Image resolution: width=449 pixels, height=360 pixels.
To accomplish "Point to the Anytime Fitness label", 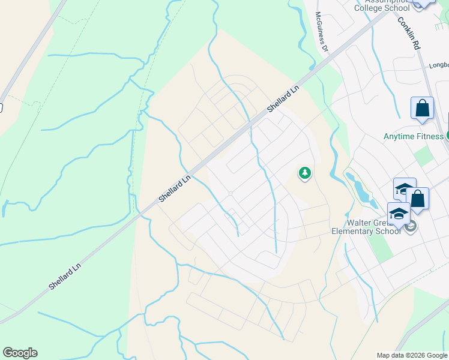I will coord(413,136).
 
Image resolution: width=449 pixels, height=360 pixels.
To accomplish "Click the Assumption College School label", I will coord(391,5).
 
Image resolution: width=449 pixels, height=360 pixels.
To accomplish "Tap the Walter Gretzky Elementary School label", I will coord(366,226).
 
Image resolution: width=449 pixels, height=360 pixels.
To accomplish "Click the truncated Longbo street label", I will coord(439,66).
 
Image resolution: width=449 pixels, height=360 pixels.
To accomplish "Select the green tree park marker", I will coord(305,174).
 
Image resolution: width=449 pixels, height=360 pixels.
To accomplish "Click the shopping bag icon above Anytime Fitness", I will coord(422,109).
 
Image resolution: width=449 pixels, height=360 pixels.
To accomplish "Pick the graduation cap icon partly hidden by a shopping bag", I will coord(404,188).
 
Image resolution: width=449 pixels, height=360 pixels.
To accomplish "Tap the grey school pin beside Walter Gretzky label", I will coord(411,227).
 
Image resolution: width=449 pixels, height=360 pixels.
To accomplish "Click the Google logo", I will coord(20,353).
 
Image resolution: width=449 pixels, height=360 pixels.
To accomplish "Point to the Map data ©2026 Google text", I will coord(412,355).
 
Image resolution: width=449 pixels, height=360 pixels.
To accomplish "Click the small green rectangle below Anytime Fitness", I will coord(424,157).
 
